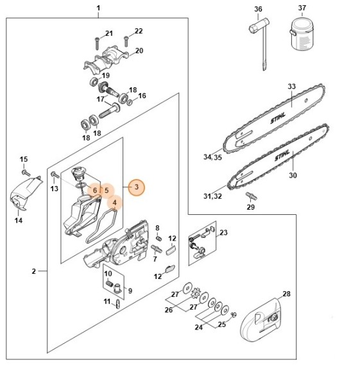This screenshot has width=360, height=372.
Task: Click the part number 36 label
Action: pos(258,9)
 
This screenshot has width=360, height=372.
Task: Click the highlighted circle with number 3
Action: pos(135,187)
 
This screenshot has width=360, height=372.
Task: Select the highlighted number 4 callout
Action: pos(114,204)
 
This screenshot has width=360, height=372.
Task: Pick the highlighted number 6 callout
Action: pos(94,190)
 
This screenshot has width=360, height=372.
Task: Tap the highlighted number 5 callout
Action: pos(107,190)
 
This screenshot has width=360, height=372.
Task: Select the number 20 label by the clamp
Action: pos(139,51)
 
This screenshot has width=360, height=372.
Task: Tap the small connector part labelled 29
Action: pos(251,194)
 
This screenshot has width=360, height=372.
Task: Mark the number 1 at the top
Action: pos(98,9)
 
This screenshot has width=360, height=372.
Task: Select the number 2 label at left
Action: pos(33,272)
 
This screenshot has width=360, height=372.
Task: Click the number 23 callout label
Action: pos(223,233)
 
